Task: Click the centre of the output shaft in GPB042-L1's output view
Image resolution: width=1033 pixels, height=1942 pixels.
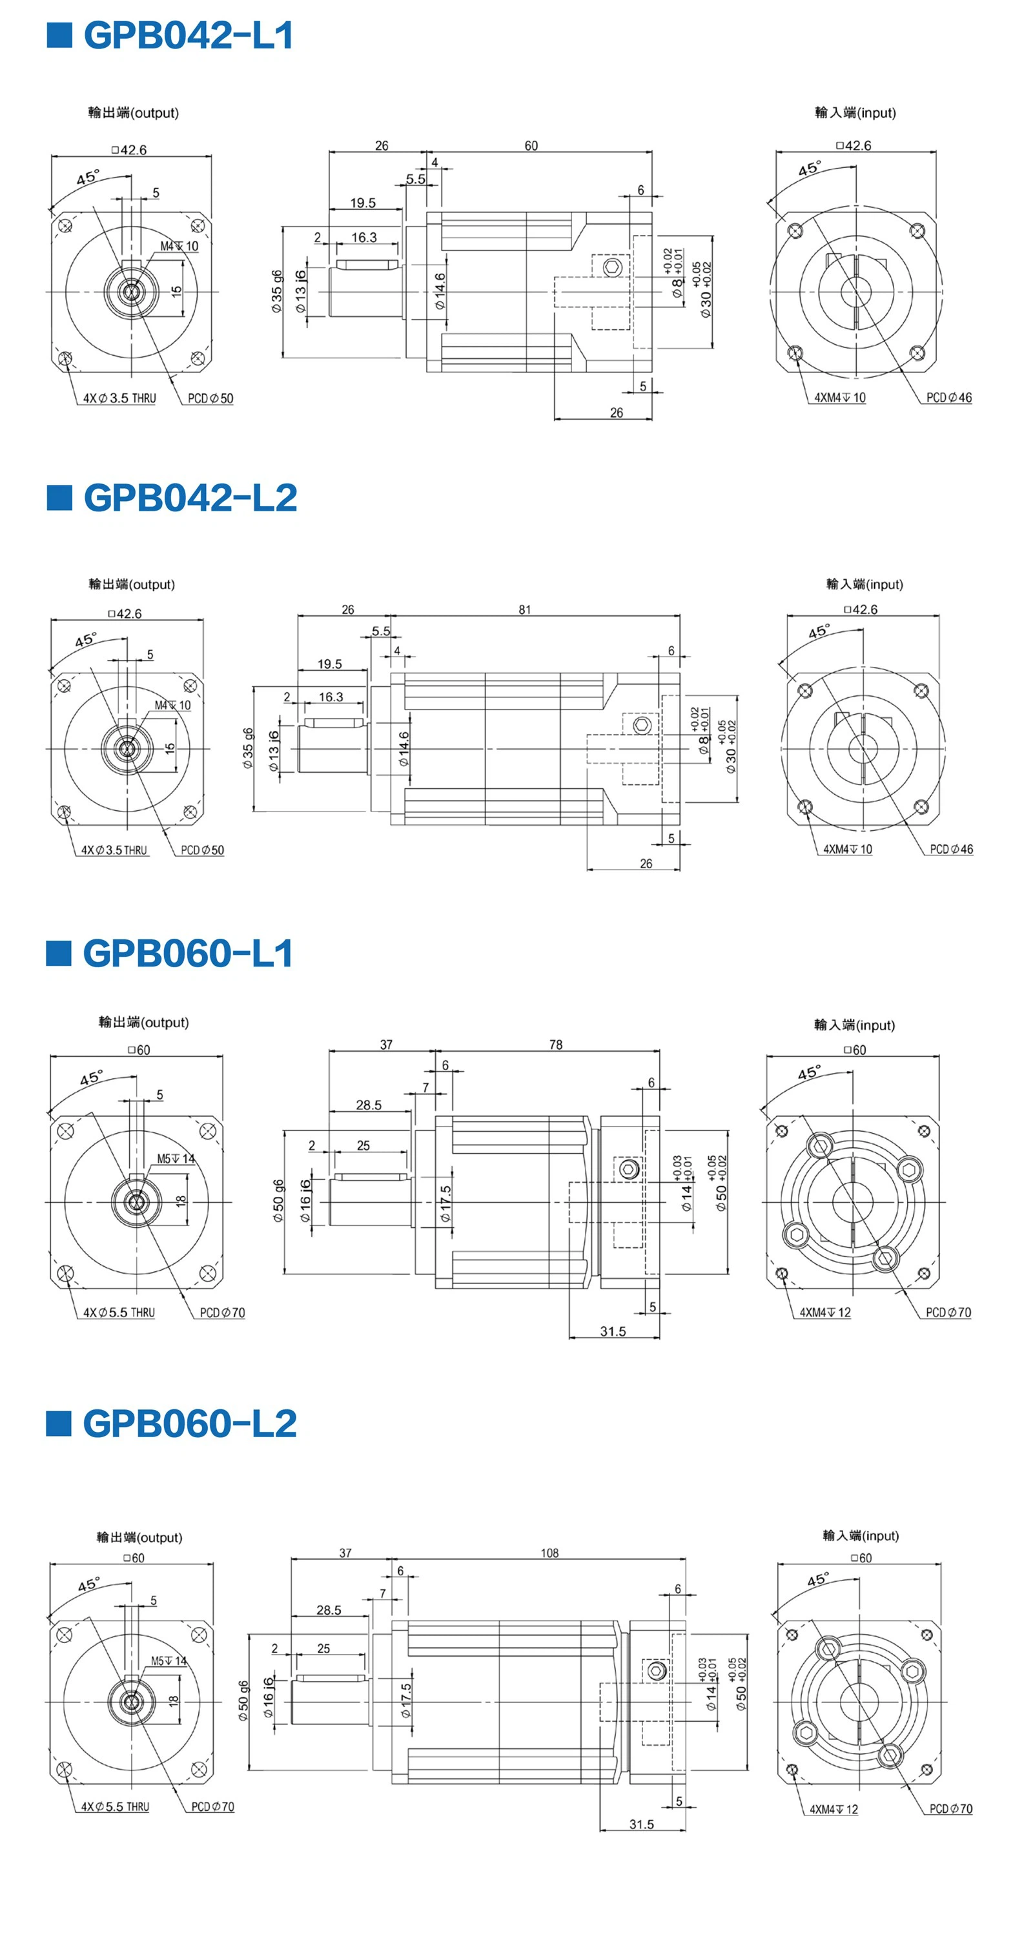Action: point(132,292)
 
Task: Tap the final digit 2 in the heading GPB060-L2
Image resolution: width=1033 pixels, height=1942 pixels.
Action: point(285,1424)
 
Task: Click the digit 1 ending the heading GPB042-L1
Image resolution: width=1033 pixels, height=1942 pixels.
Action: point(284,36)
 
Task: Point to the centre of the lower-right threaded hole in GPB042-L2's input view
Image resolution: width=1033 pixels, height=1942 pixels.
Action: point(921,808)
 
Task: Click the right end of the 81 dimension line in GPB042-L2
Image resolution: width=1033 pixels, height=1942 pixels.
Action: point(679,616)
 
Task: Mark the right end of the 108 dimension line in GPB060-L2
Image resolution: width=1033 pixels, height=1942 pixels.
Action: point(686,1559)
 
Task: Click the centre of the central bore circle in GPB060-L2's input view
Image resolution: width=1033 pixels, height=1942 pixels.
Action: point(859,1702)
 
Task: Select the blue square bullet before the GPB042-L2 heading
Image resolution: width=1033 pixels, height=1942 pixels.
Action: point(59,498)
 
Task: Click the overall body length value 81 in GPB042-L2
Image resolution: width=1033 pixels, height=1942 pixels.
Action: point(525,609)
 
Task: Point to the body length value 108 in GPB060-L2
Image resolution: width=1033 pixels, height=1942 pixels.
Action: point(549,1553)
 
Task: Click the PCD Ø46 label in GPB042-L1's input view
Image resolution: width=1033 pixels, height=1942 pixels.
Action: point(948,397)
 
